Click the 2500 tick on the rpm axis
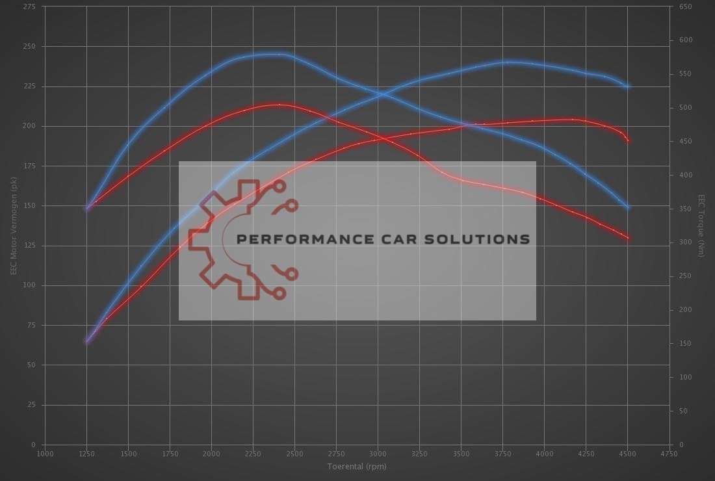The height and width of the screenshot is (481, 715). point(294,454)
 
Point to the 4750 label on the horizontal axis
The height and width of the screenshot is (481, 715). point(669,454)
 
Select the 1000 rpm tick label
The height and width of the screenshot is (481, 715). point(45,454)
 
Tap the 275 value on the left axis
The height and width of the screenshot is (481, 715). point(29,6)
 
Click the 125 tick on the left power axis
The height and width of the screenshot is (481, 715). point(29,246)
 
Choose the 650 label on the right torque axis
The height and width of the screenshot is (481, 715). point(686,6)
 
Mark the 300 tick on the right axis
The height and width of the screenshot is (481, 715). point(686,242)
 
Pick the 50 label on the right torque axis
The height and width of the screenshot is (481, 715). point(684,411)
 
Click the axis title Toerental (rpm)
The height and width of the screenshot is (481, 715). point(357,466)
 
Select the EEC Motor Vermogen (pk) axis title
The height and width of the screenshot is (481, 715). point(13,225)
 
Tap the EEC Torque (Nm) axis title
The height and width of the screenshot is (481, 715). point(701,225)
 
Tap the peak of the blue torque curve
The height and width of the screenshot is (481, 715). point(276,55)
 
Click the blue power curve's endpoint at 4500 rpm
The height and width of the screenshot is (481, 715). point(627,86)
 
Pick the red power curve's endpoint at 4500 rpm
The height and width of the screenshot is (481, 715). point(627,140)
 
